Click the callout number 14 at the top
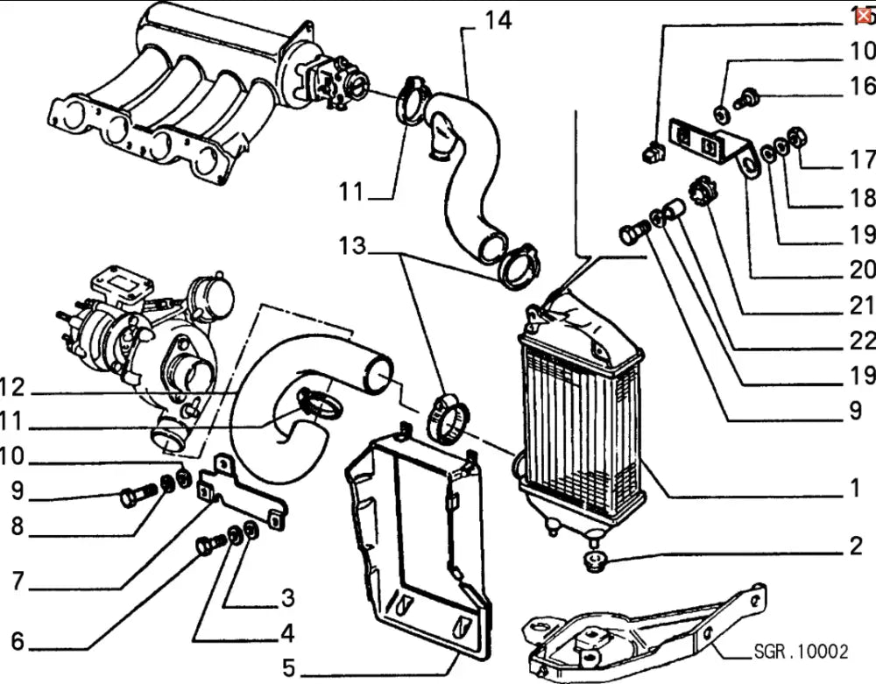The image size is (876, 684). point(498,18)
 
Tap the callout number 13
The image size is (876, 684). point(352,246)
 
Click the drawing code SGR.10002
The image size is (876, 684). point(801,652)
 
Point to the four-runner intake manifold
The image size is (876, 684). point(175,96)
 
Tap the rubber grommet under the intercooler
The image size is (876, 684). point(597,558)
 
